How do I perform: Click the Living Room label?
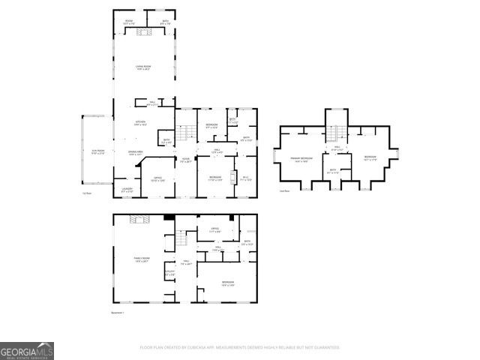pos(142,68)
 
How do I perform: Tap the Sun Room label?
pos(98,152)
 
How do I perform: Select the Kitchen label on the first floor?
pos(140,123)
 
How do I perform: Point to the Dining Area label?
pos(136,152)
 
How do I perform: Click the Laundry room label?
pos(127,190)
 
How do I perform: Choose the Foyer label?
pos(186,159)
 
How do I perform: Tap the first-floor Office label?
pos(157,179)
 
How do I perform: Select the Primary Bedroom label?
pos(301,159)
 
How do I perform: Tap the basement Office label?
pos(214,229)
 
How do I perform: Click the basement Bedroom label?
pos(228,283)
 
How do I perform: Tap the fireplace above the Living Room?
pos(148,31)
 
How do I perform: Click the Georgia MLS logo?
pos(27,351)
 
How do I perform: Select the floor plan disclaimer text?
pos(240,347)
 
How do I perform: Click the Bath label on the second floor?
pos(334,171)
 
